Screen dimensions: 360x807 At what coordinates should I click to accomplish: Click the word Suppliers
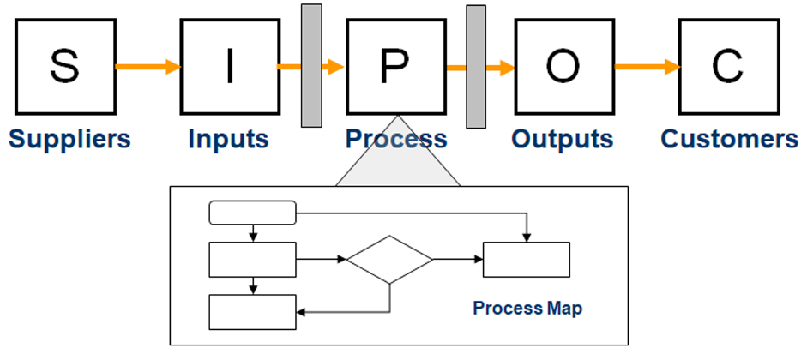click(69, 139)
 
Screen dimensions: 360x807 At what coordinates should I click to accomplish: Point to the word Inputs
click(228, 139)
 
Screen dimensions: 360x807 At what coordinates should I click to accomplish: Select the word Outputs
click(563, 139)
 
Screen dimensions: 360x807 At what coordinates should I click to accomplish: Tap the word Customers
click(729, 139)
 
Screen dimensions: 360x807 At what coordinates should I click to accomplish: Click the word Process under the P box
click(395, 139)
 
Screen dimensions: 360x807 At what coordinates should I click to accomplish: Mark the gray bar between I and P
click(311, 65)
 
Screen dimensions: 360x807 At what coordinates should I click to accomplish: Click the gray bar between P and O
click(475, 65)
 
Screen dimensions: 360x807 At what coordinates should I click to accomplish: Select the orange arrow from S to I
click(148, 67)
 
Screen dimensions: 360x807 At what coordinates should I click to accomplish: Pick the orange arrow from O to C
click(647, 67)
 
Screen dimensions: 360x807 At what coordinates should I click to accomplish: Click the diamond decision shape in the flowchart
click(390, 260)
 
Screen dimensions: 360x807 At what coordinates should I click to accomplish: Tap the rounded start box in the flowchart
click(253, 213)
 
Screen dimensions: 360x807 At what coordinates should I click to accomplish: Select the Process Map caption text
click(527, 309)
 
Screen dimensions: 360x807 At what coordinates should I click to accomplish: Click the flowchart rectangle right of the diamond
click(526, 260)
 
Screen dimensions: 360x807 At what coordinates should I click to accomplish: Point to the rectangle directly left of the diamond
click(253, 260)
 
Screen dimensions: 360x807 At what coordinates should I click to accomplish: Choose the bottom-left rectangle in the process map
click(253, 311)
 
